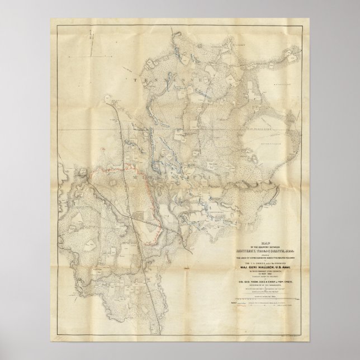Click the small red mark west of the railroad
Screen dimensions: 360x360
coord(103,149)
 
